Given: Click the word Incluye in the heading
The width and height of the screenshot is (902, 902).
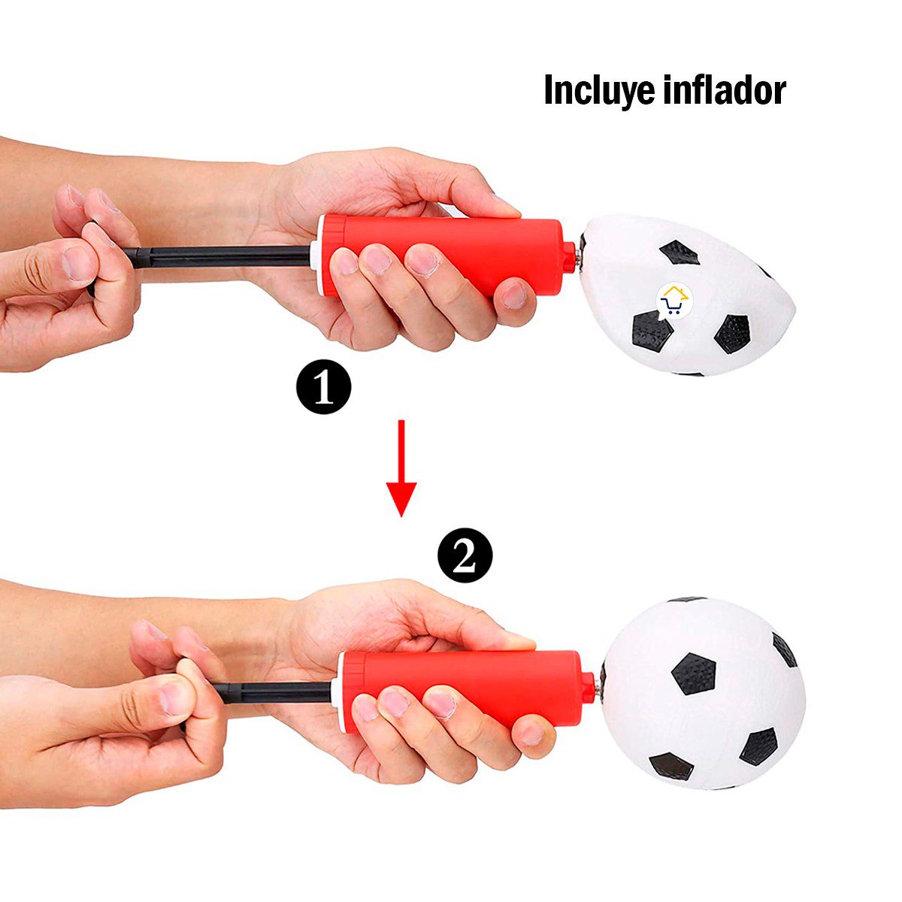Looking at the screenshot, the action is pos(601,91).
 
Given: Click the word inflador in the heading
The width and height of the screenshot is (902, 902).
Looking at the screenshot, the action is pos(725,89).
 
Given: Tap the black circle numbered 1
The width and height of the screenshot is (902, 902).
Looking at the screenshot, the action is pos(324,386).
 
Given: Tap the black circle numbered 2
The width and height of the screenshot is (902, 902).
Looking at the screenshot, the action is pos(465,555).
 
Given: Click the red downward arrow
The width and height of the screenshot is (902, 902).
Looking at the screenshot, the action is pos(401,468).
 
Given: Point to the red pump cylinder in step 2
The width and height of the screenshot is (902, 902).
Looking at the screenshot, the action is pos(468,691).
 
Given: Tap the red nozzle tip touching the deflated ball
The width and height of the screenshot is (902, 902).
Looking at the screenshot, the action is pos(569,256).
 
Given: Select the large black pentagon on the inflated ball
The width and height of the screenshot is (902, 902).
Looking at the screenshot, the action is pos(694,673).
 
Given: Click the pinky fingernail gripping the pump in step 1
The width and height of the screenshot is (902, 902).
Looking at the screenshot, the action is pos(514,297).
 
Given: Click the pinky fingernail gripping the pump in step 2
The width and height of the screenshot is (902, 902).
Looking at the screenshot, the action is pos(531,735).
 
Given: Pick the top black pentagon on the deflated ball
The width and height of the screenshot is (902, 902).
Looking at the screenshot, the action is pos(680,253).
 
